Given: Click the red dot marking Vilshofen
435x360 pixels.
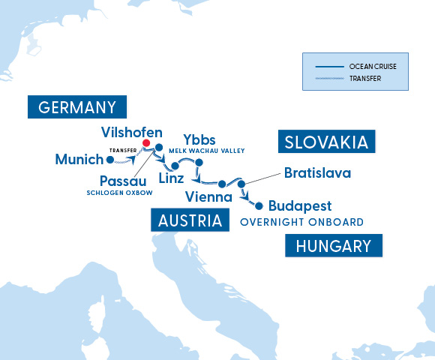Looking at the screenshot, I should [x=146, y=142].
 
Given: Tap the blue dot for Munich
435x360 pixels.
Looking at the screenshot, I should [x=110, y=159].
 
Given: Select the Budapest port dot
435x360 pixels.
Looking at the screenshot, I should [x=259, y=205].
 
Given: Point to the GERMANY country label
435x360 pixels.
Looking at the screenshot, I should [x=77, y=106].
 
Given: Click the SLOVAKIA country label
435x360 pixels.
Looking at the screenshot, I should [x=326, y=142].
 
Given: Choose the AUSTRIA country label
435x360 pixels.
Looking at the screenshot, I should [x=190, y=220].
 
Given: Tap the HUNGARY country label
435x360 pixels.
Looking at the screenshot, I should [x=334, y=246].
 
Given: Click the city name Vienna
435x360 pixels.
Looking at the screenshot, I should [x=208, y=197].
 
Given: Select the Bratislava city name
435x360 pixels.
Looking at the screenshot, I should [x=317, y=173].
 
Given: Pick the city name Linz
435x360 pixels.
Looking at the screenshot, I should [x=171, y=178].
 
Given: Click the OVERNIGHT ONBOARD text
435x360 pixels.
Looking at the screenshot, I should [x=301, y=222].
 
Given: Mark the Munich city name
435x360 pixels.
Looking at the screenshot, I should [x=79, y=159].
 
